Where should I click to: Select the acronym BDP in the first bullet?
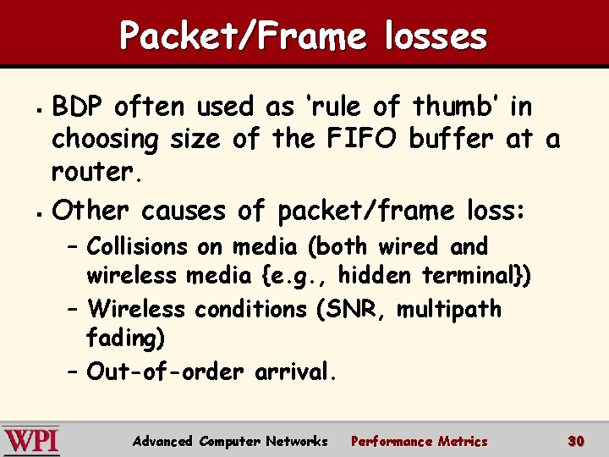tap(79, 107)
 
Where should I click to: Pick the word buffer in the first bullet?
tap(456, 139)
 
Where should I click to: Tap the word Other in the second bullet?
tap(92, 210)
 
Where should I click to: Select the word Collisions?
tap(138, 247)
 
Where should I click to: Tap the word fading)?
tap(126, 339)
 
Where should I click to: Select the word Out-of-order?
tap(166, 372)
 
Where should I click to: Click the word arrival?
tap(296, 372)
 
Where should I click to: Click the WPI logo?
tap(31, 441)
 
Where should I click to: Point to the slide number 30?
tap(577, 441)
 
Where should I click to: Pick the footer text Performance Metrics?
tap(420, 441)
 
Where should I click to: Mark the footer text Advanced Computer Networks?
tap(230, 441)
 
